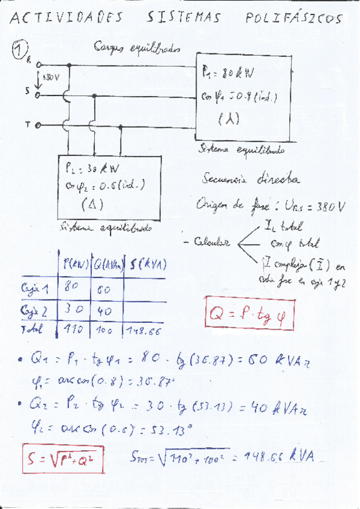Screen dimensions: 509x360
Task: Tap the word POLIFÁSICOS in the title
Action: pyautogui.click(x=294, y=19)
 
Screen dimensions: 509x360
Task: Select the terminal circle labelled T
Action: pyautogui.click(x=37, y=125)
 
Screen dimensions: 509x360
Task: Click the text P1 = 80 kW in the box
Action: pyautogui.click(x=228, y=74)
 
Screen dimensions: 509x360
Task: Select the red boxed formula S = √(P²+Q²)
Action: pyautogui.click(x=61, y=460)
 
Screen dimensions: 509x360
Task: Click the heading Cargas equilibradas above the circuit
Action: pyautogui.click(x=136, y=48)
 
